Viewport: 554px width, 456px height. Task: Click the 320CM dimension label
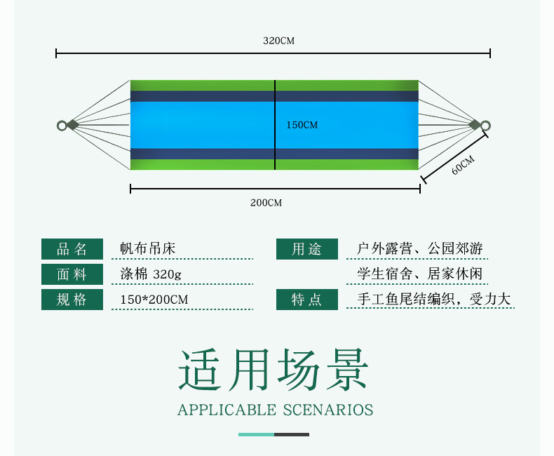(x=279, y=41)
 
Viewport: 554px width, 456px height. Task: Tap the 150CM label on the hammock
(x=302, y=125)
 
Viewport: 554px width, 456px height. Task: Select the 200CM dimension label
(x=266, y=203)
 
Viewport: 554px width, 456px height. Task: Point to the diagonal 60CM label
(x=463, y=165)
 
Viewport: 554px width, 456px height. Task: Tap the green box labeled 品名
(x=72, y=249)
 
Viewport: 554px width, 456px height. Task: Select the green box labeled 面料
(x=72, y=274)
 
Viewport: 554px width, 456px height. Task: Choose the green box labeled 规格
(x=72, y=300)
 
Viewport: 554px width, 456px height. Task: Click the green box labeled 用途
(x=307, y=249)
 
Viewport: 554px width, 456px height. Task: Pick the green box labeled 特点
(x=307, y=300)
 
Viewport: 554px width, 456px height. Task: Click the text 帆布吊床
(x=148, y=248)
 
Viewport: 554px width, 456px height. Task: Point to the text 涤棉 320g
(x=151, y=274)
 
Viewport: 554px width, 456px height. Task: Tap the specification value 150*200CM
(x=154, y=300)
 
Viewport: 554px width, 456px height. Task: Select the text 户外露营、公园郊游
(x=420, y=248)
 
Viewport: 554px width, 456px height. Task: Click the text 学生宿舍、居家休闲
(x=420, y=274)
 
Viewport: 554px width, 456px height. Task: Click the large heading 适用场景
(x=273, y=370)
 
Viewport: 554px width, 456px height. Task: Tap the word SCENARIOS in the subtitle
(x=328, y=410)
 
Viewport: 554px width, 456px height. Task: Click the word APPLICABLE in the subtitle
(x=227, y=410)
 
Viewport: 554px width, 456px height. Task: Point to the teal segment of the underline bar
(x=256, y=434)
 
